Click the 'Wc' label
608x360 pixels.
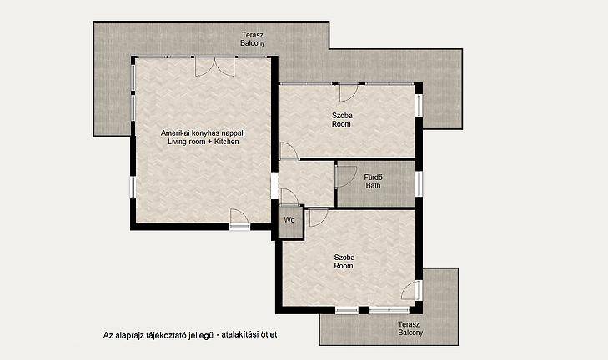(x=289, y=220)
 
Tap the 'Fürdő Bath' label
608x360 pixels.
(x=373, y=182)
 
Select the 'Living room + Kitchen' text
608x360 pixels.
(x=204, y=142)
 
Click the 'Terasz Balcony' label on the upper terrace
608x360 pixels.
(x=253, y=39)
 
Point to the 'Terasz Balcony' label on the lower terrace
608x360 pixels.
(x=410, y=328)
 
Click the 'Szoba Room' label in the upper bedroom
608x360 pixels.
(x=342, y=120)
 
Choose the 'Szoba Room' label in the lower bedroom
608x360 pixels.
(x=344, y=262)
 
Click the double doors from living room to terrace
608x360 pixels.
(x=214, y=67)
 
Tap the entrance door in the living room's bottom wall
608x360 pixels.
(x=239, y=218)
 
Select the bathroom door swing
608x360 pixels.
(x=346, y=177)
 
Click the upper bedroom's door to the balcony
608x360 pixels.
(x=349, y=92)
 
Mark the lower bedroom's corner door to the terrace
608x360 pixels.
(x=411, y=290)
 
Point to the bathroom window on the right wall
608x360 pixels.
(x=419, y=183)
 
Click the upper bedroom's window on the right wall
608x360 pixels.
(x=419, y=105)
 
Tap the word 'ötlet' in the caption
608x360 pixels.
(x=269, y=334)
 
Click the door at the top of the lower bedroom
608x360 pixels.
(x=319, y=217)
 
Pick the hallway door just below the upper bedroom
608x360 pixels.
(x=289, y=151)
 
